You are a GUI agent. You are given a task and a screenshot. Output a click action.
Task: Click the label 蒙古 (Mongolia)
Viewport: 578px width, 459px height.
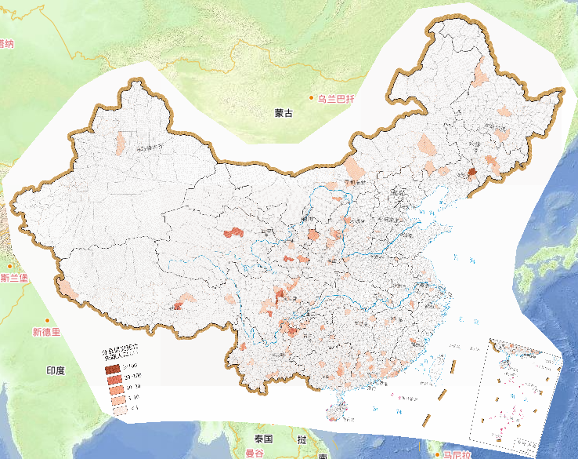[283, 114]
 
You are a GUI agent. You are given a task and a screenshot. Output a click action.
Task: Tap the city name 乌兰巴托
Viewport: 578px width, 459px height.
[336, 99]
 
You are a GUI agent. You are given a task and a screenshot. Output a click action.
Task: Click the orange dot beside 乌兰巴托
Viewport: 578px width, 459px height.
[312, 99]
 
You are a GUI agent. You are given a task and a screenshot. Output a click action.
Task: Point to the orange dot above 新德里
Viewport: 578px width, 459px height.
[48, 320]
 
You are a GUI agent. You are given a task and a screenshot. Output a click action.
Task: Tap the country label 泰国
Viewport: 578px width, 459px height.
[262, 439]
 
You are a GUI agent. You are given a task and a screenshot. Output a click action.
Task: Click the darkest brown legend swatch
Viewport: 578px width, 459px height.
[113, 368]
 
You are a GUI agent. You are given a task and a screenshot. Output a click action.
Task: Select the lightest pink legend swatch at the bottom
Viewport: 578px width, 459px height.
[113, 409]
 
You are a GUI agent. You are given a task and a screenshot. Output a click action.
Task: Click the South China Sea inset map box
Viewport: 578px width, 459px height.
[517, 392]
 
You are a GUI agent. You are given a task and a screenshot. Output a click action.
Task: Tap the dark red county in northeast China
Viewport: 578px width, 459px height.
[472, 173]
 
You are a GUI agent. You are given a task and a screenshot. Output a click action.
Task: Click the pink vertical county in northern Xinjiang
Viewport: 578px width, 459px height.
[121, 143]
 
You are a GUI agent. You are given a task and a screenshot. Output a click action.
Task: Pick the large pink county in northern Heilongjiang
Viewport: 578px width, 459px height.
[479, 77]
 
